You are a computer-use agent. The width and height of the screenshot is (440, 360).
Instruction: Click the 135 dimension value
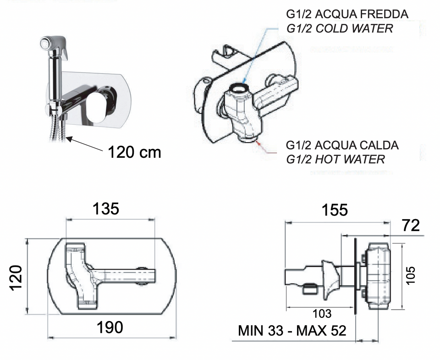tap(106, 209)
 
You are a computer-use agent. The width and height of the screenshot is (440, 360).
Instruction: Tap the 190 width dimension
tap(110, 327)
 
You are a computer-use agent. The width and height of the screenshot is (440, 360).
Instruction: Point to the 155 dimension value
tap(335, 210)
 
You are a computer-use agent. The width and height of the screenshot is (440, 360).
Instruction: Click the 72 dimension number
tap(411, 225)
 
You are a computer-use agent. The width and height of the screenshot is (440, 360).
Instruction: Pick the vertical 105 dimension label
tap(410, 276)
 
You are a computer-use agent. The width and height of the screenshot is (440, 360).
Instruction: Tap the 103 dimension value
tap(322, 314)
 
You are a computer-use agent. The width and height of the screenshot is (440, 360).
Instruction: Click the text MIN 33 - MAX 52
tap(292, 331)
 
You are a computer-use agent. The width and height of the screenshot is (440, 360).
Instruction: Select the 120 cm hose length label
tap(134, 152)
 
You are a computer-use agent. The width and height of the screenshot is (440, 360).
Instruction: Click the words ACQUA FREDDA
tap(362, 14)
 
